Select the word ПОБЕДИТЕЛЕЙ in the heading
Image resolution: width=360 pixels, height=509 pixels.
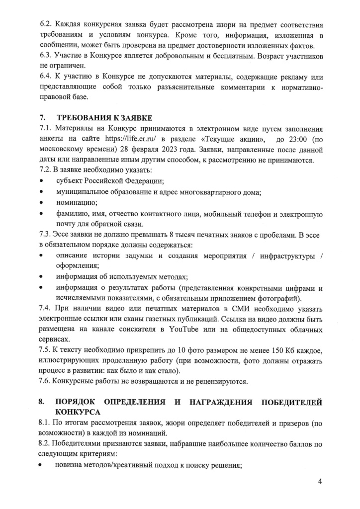click(288, 402)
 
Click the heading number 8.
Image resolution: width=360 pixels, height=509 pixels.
click(42, 402)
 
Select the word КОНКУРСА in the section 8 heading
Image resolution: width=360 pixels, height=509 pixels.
click(78, 412)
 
